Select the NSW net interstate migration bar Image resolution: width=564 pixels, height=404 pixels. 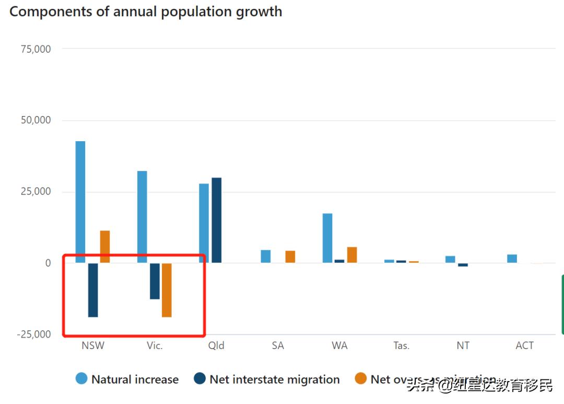coord(93,290)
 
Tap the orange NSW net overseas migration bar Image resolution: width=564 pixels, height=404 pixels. coord(105,247)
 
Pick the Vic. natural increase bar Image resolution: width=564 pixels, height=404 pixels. coord(142,216)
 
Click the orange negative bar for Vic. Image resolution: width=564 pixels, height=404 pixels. coord(167,290)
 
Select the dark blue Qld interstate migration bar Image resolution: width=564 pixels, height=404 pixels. coord(216,220)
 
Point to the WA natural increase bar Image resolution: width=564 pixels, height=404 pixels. coord(327,238)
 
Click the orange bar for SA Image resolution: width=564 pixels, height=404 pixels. coord(290,257)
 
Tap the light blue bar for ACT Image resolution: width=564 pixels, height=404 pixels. coord(512,258)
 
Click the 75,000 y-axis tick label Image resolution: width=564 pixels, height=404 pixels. coord(36,49)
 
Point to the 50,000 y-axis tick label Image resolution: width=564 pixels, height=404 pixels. coord(36,120)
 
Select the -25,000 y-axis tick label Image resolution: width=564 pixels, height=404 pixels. coord(34,334)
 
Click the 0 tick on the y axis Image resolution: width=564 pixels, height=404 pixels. coord(48,263)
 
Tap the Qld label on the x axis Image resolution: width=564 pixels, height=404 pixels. coord(216,345)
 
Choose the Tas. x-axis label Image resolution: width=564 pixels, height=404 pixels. coord(402,345)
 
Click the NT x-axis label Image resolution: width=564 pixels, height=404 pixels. coord(463,345)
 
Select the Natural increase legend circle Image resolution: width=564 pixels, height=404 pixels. coord(81,379)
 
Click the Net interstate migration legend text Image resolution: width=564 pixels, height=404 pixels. coord(275,379)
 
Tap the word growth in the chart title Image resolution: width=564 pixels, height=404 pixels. coord(258,11)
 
